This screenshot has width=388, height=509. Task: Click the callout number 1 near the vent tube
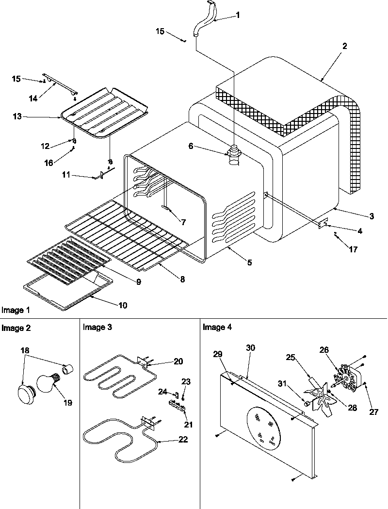click(238, 16)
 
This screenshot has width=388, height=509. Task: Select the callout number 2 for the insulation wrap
click(344, 47)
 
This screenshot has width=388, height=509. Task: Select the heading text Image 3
click(97, 327)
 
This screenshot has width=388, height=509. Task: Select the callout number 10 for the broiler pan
click(122, 305)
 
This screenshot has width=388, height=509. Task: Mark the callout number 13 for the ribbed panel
click(17, 117)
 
